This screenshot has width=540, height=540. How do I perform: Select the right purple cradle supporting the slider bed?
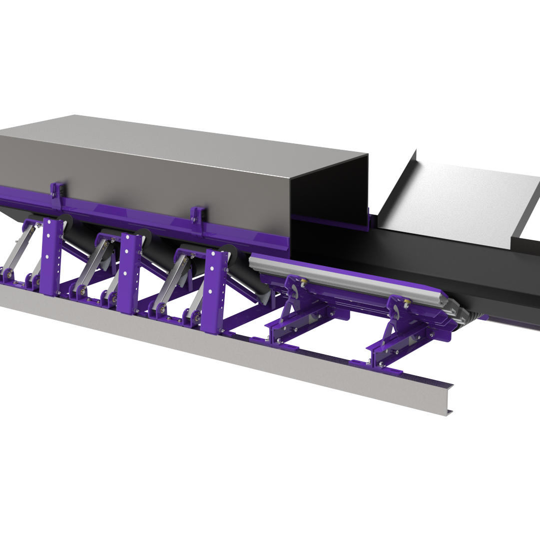coord(400,340)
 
